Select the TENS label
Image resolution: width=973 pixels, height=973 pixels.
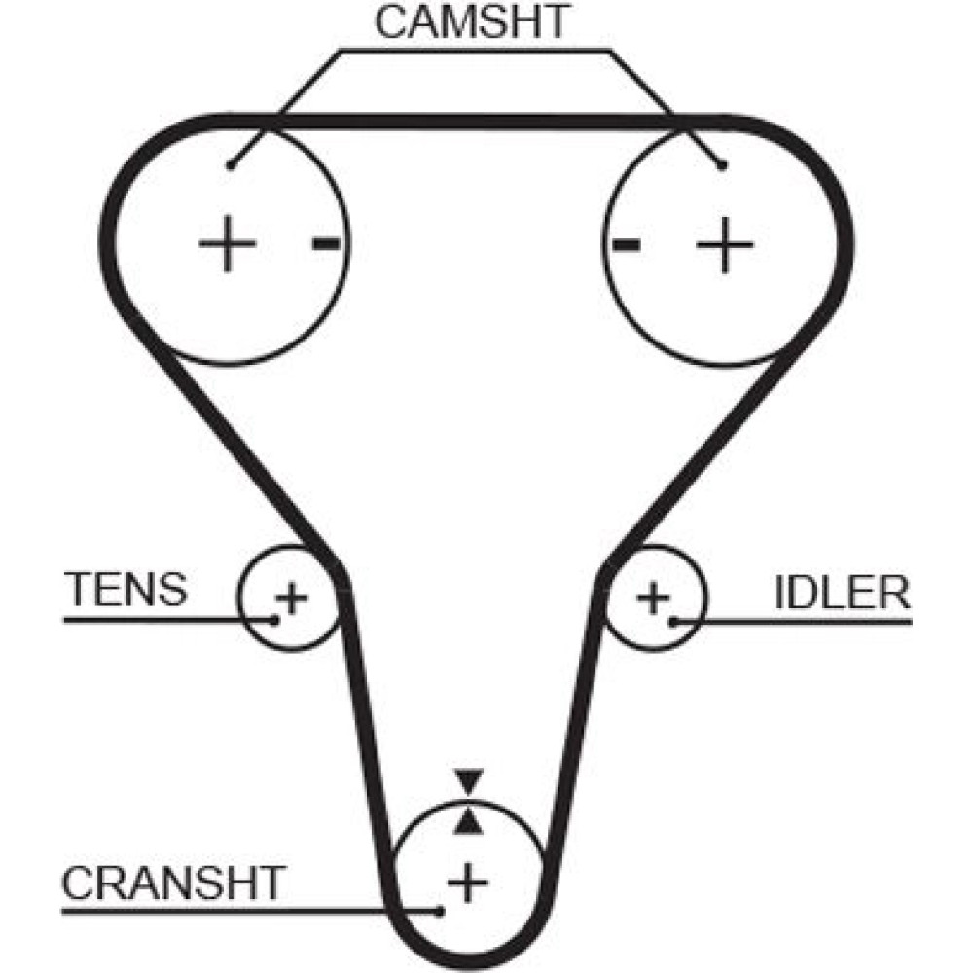point(126,589)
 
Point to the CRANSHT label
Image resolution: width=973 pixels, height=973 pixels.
point(173,883)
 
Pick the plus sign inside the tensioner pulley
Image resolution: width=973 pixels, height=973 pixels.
point(290,595)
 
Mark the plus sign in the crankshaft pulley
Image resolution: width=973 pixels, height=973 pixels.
point(468,883)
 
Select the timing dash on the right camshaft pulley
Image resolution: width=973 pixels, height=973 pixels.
point(626,244)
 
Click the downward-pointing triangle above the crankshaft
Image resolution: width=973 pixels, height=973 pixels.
point(469,780)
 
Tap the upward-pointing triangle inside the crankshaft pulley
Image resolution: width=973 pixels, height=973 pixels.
point(469,822)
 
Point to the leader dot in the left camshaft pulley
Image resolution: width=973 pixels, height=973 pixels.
point(230,166)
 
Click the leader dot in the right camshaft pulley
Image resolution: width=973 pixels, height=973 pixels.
point(722,166)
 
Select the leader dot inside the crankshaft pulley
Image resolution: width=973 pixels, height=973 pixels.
point(442,911)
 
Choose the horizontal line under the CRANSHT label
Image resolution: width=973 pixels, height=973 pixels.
point(243,912)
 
